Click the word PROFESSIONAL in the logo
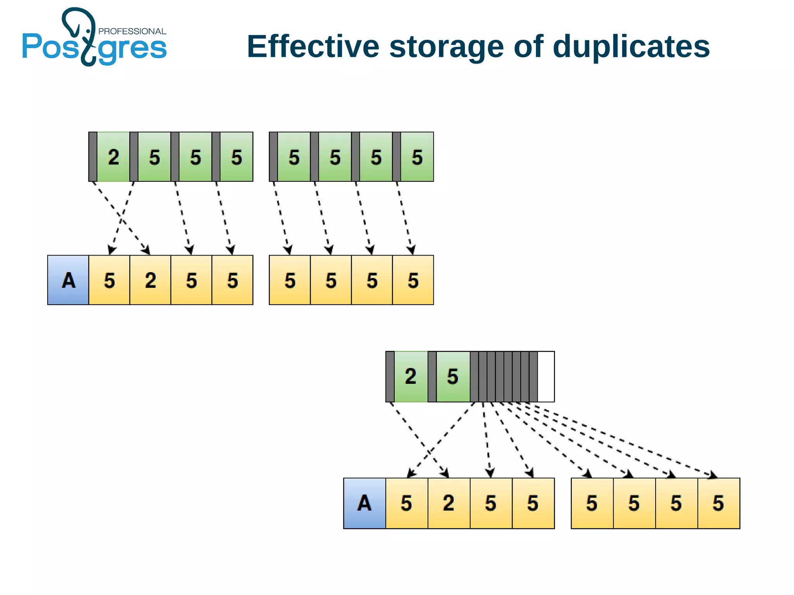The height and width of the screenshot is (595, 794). tap(132, 31)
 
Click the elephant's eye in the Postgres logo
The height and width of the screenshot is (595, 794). tap(88, 31)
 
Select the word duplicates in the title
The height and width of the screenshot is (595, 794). tap(631, 47)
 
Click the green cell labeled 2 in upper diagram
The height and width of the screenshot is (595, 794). tap(113, 157)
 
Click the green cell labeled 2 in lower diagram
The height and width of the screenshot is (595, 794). tap(411, 376)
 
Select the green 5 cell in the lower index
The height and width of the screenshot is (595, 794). tap(453, 376)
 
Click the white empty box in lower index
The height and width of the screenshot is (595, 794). tap(546, 376)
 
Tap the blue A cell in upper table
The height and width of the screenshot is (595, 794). tap(68, 280)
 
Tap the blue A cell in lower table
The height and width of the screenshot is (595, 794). tap(364, 503)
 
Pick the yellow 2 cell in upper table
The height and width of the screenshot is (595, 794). tap(150, 280)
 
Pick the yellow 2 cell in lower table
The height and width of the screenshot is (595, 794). tap(449, 503)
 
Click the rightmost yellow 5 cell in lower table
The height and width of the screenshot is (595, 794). tap(718, 503)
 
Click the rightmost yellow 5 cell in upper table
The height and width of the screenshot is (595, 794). tap(413, 280)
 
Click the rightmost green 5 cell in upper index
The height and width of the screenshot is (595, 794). tap(417, 157)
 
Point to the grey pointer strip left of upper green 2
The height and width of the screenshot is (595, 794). tap(93, 157)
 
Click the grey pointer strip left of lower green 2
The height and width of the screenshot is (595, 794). tap(390, 376)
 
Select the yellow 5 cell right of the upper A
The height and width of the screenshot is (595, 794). tap(109, 280)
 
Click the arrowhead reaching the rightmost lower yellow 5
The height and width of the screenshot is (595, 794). tap(713, 475)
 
